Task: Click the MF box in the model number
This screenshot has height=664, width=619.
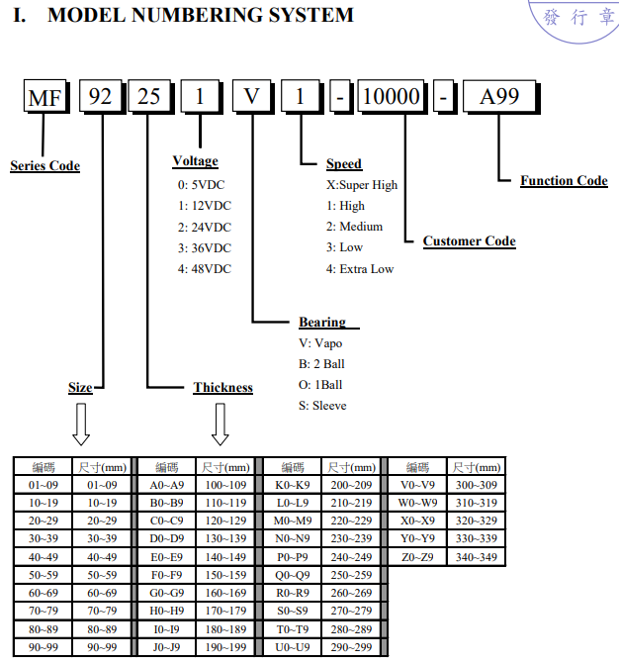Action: (x=45, y=97)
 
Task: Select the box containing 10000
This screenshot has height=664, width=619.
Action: (x=392, y=96)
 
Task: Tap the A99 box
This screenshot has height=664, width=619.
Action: (x=499, y=97)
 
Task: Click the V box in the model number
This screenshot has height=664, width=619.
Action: (x=251, y=96)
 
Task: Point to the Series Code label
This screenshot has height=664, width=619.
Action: (x=44, y=165)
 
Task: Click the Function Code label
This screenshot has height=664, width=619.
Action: (x=564, y=180)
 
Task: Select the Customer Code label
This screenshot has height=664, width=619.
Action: (x=470, y=240)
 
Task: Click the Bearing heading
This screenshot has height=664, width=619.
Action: (x=322, y=322)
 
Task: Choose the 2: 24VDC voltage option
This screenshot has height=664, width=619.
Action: (x=205, y=228)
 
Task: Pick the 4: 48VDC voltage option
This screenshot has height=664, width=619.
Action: (x=205, y=269)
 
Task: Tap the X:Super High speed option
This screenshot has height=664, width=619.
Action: (x=362, y=185)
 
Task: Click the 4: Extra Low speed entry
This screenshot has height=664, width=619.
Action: (x=360, y=269)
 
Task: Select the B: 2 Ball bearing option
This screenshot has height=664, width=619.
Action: (x=321, y=364)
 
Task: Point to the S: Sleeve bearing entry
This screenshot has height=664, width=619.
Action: (x=322, y=406)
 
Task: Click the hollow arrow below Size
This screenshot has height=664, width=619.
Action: (x=81, y=424)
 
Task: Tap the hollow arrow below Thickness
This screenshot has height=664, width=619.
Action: (x=221, y=424)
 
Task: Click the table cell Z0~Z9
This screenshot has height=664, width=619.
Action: (x=417, y=557)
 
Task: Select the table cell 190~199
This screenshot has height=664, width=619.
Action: (x=225, y=647)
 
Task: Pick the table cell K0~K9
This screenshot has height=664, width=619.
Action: (x=293, y=485)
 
